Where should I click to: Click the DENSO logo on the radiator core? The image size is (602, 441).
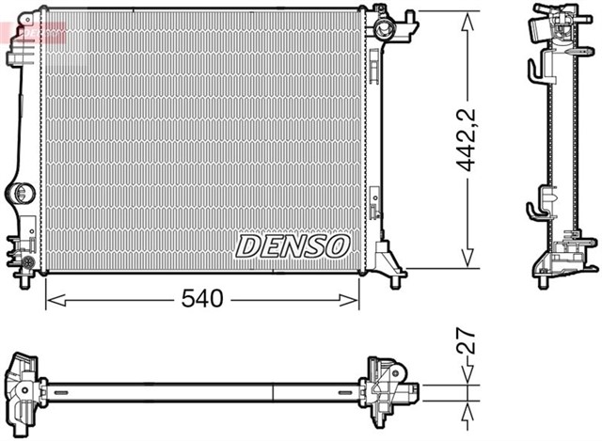click(x=292, y=246)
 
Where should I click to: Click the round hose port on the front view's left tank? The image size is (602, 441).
click(x=19, y=194)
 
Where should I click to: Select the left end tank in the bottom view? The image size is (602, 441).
click(x=24, y=385)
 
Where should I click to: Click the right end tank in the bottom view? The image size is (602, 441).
click(x=388, y=386)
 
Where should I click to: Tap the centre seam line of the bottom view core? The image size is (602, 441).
click(x=273, y=387)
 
